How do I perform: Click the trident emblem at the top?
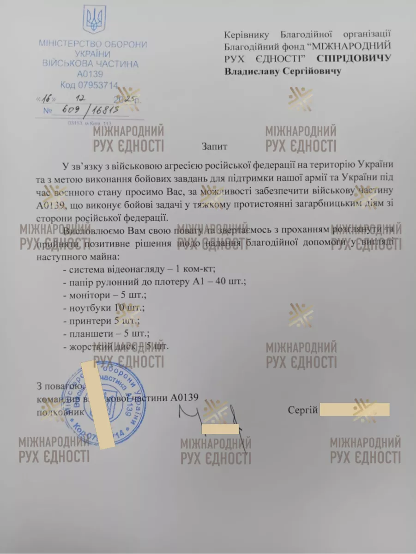click(94, 19)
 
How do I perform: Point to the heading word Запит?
click(214, 146)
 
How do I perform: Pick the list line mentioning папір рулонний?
click(155, 282)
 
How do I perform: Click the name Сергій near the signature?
click(302, 410)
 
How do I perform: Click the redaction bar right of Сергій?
click(355, 409)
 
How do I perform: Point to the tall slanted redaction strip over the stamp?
click(98, 405)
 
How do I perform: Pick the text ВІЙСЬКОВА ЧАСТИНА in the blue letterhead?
click(90, 64)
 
